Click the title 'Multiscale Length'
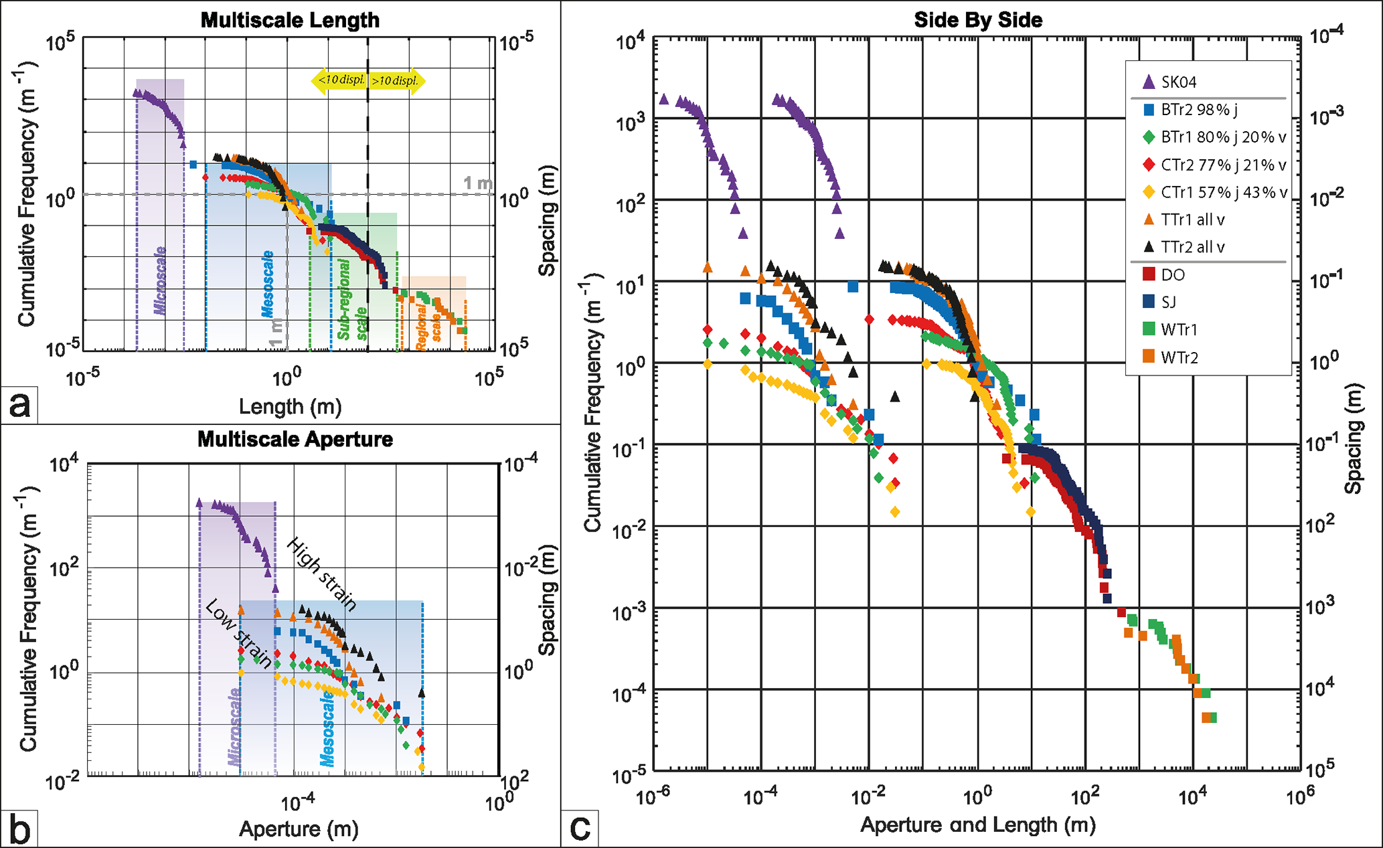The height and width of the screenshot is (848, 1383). point(290,20)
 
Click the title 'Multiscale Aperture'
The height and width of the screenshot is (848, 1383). point(295,440)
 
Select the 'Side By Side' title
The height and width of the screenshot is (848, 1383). point(978,20)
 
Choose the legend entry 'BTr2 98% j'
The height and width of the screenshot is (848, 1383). point(1198,110)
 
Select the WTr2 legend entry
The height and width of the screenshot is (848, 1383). point(1179,357)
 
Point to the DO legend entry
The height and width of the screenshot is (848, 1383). point(1172,275)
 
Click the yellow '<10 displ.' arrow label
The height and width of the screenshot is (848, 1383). point(340,81)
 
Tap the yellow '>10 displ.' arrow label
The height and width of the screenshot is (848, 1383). point(396,81)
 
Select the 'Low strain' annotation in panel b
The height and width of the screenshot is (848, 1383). point(238,633)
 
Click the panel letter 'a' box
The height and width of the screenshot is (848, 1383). point(19,405)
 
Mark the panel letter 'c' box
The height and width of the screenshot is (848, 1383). point(580,829)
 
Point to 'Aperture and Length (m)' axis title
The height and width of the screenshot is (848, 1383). point(977,825)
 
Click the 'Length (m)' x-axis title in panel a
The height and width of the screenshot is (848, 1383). point(290,406)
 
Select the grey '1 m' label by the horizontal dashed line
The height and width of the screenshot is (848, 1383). point(477,183)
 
